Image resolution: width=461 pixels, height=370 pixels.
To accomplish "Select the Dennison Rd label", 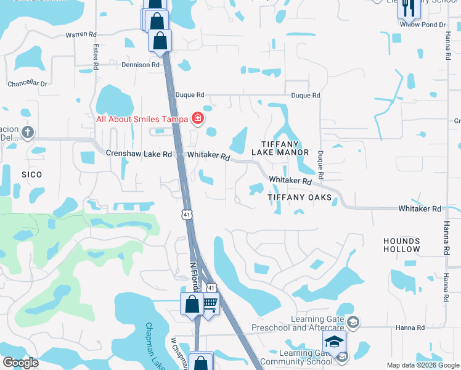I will [x=141, y=65].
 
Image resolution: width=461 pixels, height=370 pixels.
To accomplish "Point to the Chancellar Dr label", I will [x=27, y=83].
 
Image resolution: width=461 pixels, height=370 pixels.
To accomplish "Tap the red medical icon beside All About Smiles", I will [x=198, y=118].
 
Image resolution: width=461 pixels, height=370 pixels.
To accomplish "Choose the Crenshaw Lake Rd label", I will [x=139, y=154].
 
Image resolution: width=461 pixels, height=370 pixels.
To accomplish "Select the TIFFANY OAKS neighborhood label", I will [x=300, y=197].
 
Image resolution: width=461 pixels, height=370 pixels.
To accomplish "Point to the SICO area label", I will [x=31, y=175].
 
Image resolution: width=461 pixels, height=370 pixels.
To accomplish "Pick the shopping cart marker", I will [x=210, y=303].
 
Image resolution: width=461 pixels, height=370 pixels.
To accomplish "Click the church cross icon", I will [x=27, y=132].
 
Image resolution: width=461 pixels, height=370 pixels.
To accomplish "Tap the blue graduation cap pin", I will [x=334, y=342].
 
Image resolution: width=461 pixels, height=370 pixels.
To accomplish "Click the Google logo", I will [x=20, y=363].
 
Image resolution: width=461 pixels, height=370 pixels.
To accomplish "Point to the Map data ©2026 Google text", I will [x=422, y=365].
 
